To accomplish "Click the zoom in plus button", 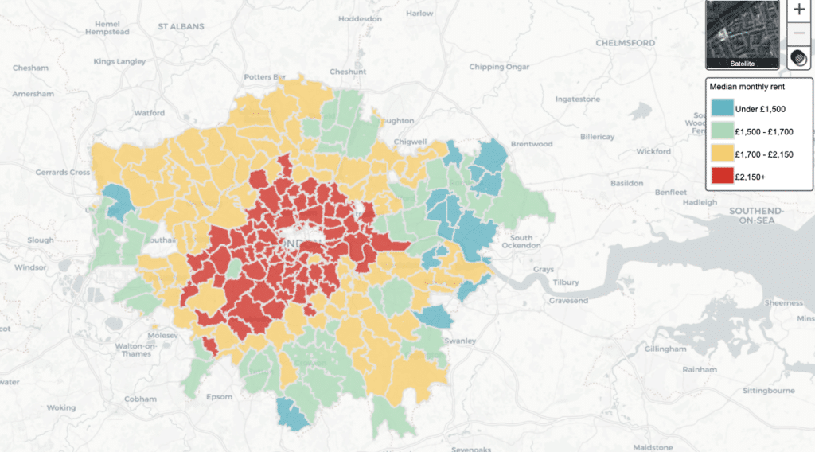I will [799, 10].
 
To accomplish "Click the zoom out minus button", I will [799, 34].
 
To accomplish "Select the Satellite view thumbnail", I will [743, 34].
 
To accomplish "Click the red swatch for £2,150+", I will [723, 177].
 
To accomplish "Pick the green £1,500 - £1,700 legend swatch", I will [723, 131].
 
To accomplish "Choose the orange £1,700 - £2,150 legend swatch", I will [723, 154].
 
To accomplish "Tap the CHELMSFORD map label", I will [625, 42].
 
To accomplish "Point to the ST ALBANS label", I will [181, 26].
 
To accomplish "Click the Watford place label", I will [149, 113].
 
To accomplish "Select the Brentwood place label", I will [531, 144].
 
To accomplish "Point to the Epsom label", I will [219, 397].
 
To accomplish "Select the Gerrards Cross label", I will [61, 173].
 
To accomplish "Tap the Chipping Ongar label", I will [499, 67].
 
